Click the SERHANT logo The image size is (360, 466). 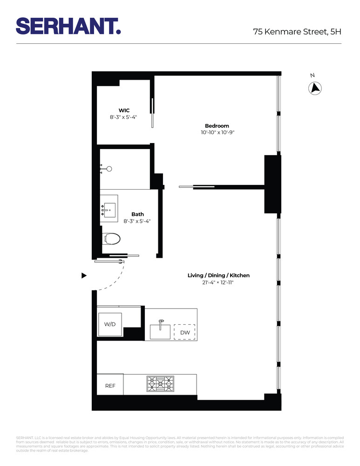click(x=68, y=26)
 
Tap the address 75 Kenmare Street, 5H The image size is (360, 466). click(x=297, y=32)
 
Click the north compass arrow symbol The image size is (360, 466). click(x=316, y=88)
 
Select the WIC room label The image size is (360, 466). click(x=124, y=110)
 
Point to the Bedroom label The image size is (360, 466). click(x=217, y=126)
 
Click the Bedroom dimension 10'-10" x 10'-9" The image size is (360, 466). click(x=217, y=133)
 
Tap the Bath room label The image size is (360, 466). click(x=137, y=214)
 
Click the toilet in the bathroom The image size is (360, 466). click(x=111, y=239)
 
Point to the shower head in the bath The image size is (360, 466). click(x=109, y=169)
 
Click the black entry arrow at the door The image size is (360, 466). click(x=84, y=275)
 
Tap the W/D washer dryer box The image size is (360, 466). click(x=110, y=324)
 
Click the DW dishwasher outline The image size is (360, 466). click(x=184, y=332)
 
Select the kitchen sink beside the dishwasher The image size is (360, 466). click(x=160, y=331)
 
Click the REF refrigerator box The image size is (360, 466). click(x=110, y=386)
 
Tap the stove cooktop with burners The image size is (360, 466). click(x=160, y=385)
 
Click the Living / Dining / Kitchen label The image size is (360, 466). click(x=218, y=275)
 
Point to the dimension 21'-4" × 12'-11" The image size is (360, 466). click(x=218, y=282)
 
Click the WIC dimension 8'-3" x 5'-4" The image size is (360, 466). click(x=124, y=117)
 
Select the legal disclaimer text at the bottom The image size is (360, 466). click(x=180, y=444)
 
